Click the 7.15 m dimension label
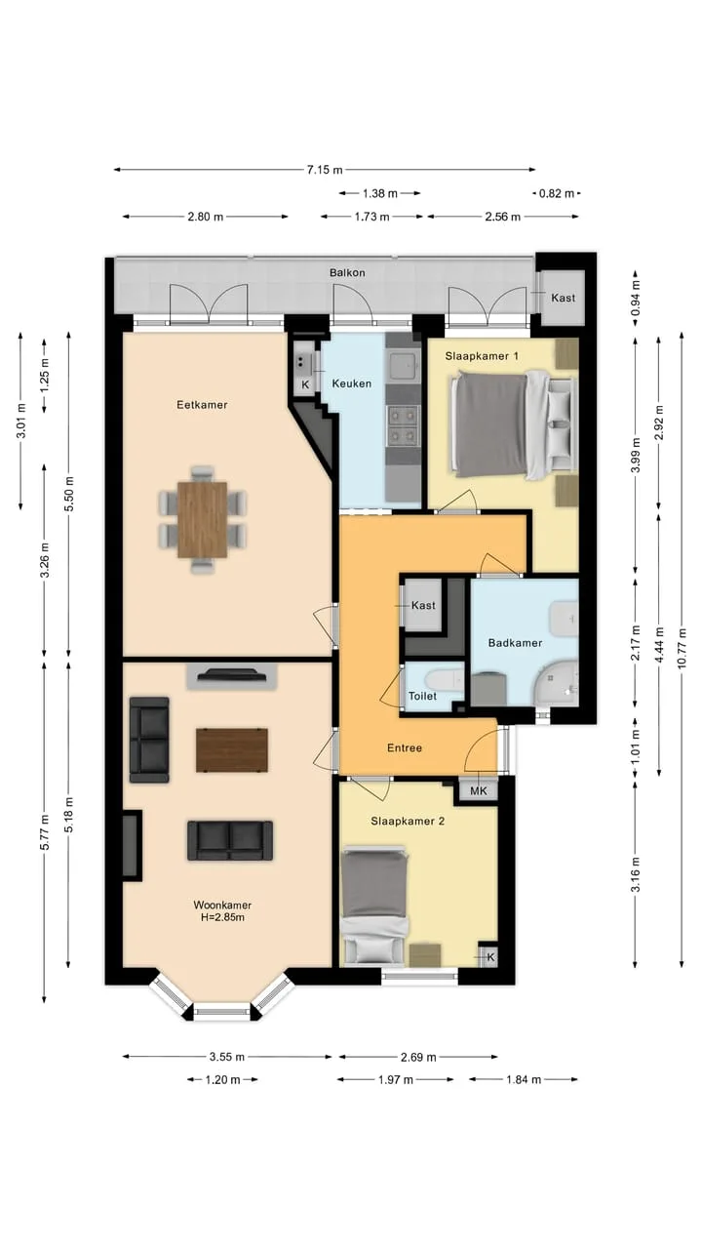coord(325,170)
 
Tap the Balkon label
coord(347,272)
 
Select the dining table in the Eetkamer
coord(203,520)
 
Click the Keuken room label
coord(352,383)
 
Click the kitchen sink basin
coord(402,365)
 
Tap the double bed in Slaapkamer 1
coord(514,425)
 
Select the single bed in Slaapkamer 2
coord(374,906)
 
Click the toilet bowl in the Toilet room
coord(443,681)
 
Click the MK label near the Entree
coord(479,790)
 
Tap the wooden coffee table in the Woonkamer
coord(232,750)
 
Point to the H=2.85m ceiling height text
coord(222,917)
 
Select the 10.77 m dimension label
coord(682,649)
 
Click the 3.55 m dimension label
coord(227,1057)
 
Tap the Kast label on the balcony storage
coord(564,298)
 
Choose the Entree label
coord(405,747)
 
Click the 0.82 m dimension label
coord(556,193)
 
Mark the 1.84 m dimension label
coord(524,1079)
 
